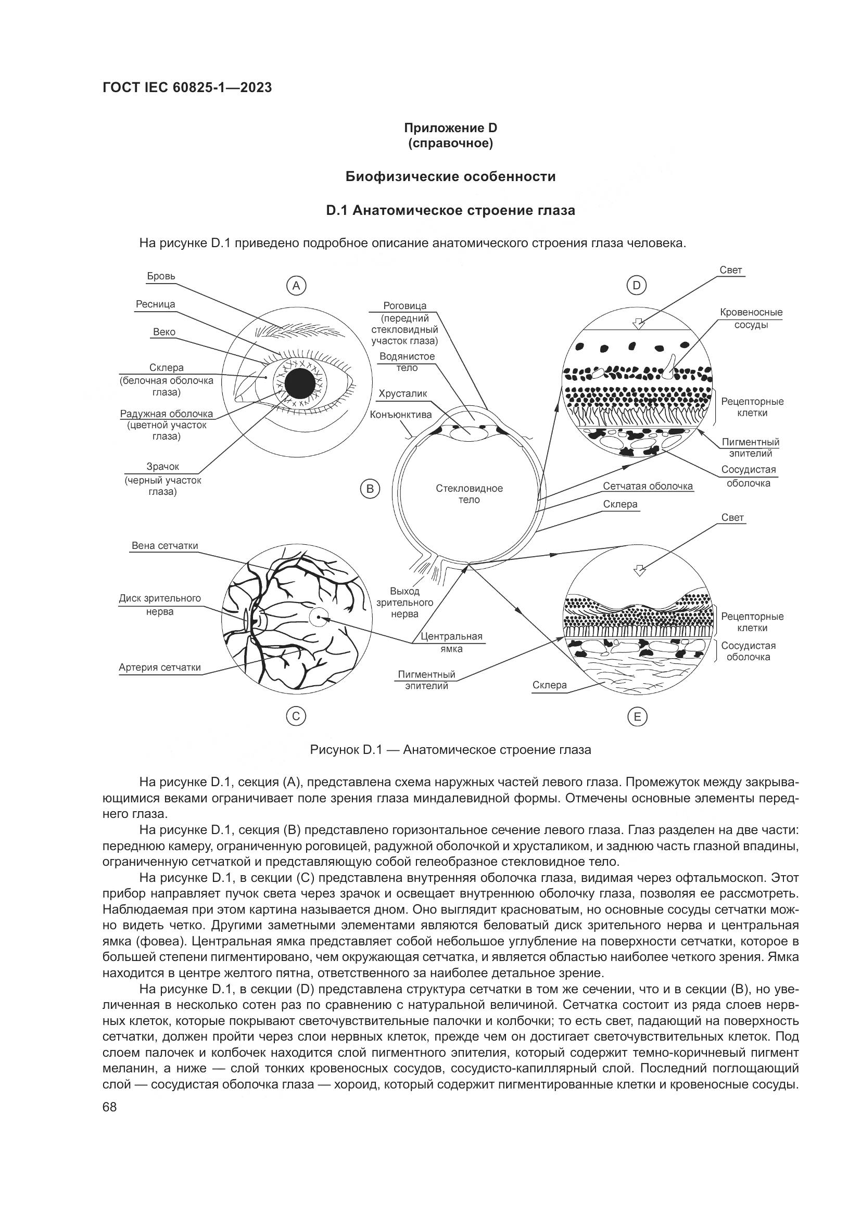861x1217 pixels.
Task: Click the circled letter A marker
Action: (296, 286)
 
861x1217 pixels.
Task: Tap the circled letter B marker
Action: (370, 489)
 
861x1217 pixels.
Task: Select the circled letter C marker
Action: (296, 716)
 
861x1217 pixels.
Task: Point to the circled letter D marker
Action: (637, 286)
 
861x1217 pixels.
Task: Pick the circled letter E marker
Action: (637, 717)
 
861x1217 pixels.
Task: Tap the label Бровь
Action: (161, 276)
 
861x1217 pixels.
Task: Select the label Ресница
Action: (155, 304)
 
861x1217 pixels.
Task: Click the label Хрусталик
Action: (402, 393)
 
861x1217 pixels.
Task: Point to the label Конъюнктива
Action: (401, 415)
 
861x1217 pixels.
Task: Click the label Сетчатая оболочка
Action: (648, 486)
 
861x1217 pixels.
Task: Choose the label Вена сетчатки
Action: (165, 546)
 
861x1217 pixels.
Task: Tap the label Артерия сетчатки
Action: (160, 668)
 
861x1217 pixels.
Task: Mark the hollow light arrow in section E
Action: (640, 570)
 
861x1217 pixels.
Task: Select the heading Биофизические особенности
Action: (451, 176)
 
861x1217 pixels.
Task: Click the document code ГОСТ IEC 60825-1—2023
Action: (187, 88)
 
